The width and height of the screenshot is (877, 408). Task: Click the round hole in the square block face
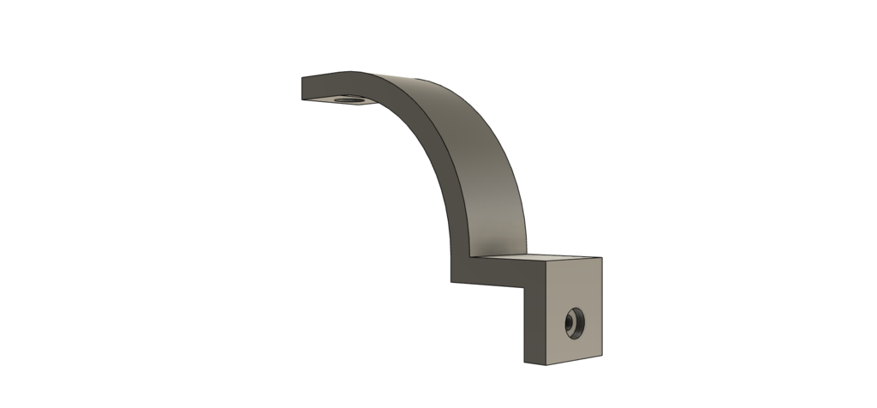click(x=571, y=323)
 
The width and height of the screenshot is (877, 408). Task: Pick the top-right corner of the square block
click(x=602, y=258)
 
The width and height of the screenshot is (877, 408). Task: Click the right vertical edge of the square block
click(x=602, y=309)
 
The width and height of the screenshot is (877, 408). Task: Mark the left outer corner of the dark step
click(x=452, y=279)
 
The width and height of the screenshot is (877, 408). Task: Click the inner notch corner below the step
click(x=524, y=285)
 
